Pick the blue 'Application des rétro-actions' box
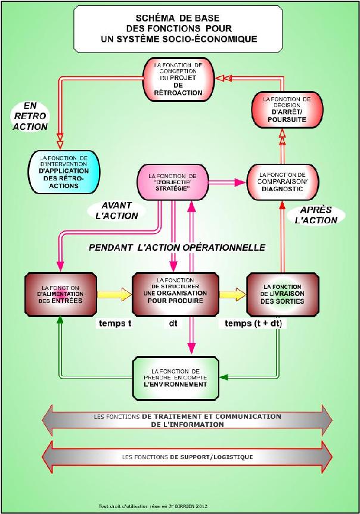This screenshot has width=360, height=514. click(64, 172)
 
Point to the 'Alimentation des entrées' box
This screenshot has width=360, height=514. click(61, 294)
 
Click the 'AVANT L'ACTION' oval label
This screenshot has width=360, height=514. click(116, 210)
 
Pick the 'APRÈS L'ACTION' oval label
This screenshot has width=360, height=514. click(316, 214)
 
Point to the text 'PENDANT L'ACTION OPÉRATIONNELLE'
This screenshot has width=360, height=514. click(177, 247)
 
